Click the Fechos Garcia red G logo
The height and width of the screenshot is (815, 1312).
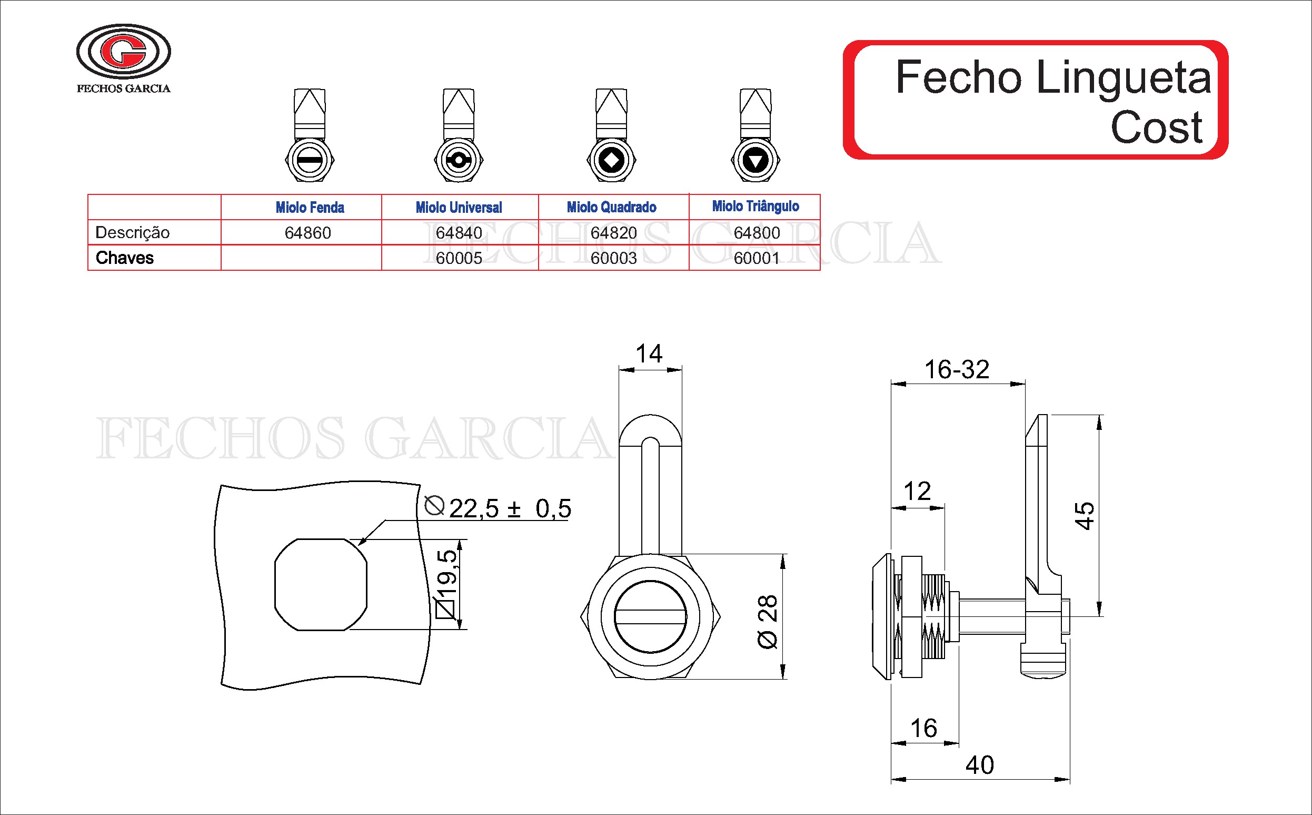click(123, 52)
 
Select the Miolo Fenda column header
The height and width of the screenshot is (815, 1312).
click(310, 208)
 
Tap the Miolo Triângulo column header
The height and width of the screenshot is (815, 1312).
click(755, 207)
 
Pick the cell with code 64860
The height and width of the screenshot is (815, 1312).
click(307, 233)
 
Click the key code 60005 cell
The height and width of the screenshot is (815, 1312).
click(459, 258)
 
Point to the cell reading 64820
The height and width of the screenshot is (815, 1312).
click(613, 233)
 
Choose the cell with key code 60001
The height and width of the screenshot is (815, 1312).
click(756, 258)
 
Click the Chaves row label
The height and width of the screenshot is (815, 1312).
click(124, 258)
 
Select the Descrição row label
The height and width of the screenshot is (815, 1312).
click(132, 233)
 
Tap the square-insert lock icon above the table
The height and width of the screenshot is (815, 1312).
click(611, 161)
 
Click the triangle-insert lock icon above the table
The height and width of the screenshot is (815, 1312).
click(755, 161)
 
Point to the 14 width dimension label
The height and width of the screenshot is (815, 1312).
click(649, 354)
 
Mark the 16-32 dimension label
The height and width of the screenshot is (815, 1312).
click(957, 370)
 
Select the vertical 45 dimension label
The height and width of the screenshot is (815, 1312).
click(1084, 516)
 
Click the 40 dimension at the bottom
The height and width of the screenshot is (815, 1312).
click(979, 765)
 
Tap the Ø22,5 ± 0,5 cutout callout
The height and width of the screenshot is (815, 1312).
click(498, 508)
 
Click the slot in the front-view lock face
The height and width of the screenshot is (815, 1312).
click(650, 618)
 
